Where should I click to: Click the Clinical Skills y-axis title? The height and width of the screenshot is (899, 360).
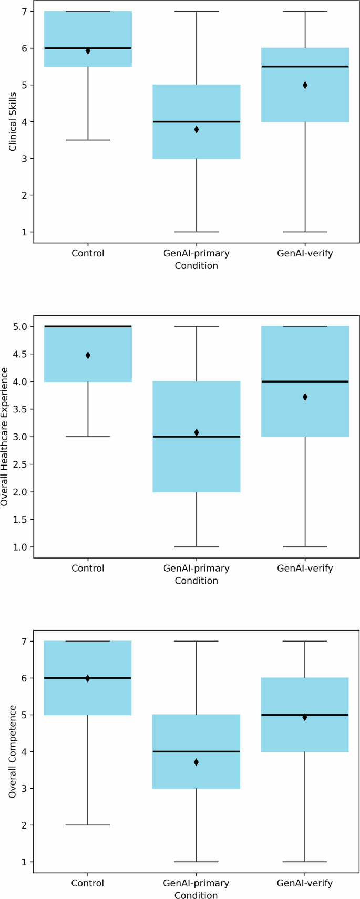click(13, 122)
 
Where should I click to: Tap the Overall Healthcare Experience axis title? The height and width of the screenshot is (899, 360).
click(5, 437)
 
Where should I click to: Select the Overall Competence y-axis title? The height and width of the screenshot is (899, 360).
click(13, 751)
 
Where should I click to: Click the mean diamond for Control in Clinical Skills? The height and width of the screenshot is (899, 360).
click(88, 51)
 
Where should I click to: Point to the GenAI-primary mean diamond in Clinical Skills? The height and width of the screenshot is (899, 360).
click(197, 129)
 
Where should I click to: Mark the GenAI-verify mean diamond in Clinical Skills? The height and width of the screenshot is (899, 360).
click(305, 85)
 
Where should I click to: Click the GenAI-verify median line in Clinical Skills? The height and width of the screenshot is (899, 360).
click(305, 67)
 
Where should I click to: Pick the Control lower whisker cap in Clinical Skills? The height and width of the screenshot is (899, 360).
click(88, 140)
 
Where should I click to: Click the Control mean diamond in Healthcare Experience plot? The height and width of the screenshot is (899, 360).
click(88, 355)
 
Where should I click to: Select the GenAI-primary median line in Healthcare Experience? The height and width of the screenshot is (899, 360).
click(197, 437)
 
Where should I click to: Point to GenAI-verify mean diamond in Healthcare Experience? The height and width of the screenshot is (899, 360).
click(305, 397)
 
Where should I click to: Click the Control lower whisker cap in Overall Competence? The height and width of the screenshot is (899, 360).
click(88, 825)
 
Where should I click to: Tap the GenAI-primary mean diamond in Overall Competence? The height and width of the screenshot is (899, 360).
click(197, 762)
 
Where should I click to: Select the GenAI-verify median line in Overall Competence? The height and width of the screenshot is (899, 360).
click(305, 715)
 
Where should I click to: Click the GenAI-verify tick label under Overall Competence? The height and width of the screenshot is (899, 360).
click(305, 883)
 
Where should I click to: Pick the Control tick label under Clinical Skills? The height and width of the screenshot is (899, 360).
click(88, 253)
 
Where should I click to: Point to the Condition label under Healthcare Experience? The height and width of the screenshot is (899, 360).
click(197, 581)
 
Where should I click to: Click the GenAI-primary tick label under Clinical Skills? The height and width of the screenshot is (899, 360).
click(197, 253)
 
